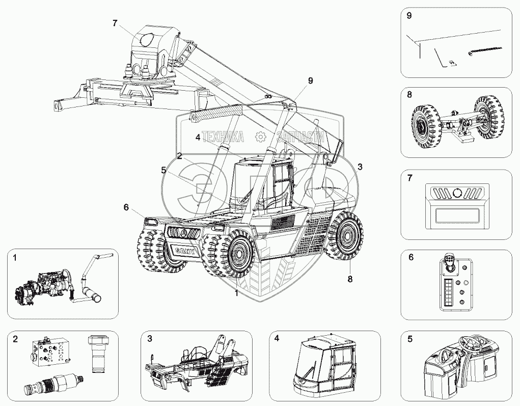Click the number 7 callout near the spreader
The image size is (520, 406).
tap(115, 23)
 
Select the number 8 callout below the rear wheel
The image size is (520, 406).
tap(350, 278)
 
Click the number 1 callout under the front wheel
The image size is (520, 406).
tap(236, 293)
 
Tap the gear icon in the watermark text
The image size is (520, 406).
tap(260, 136)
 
